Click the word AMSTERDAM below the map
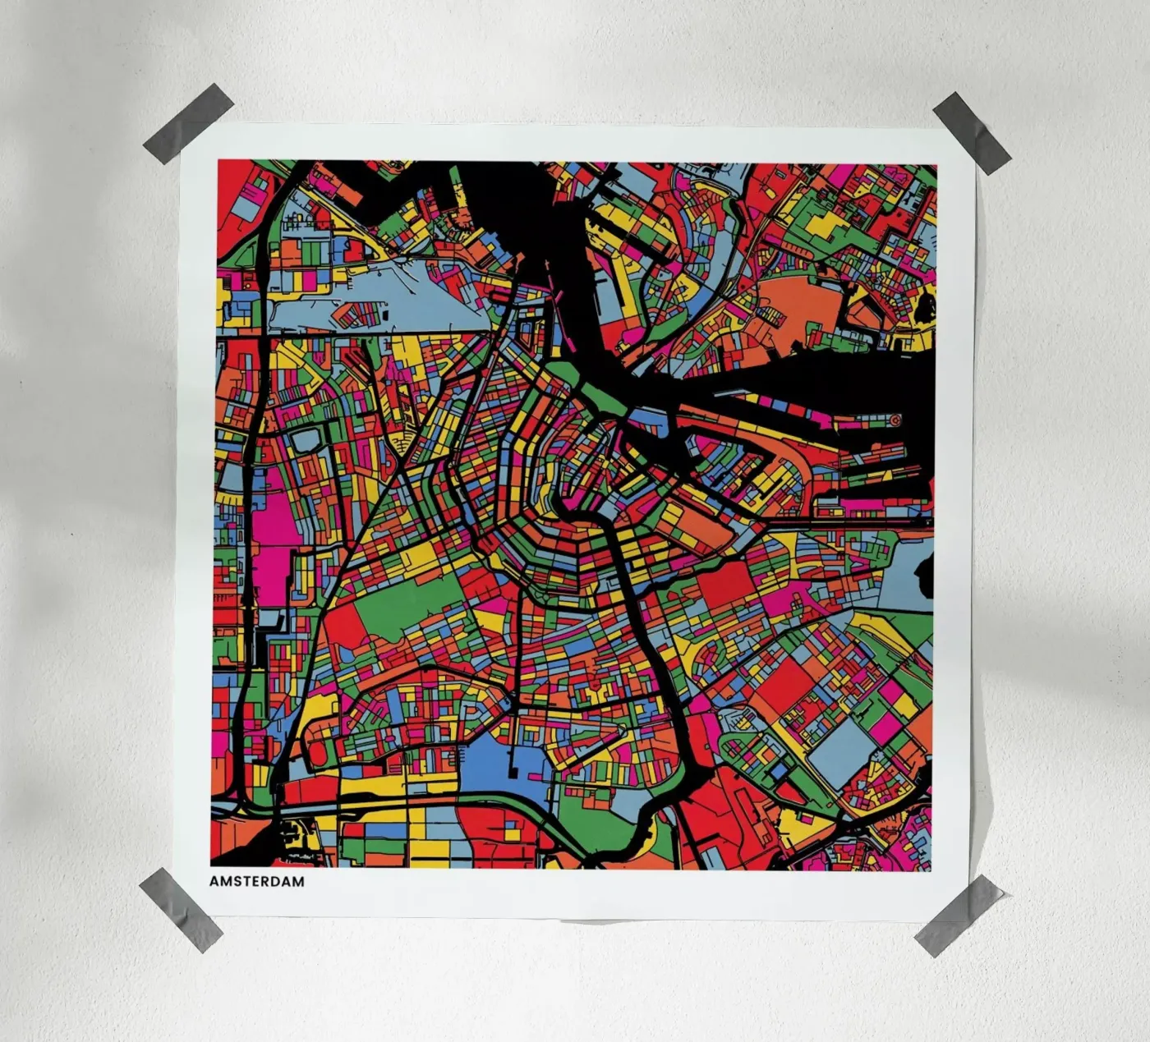pos(256,881)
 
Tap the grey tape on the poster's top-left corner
pos(188,122)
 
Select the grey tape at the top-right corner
pos(971,132)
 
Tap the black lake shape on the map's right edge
pos(924,567)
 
